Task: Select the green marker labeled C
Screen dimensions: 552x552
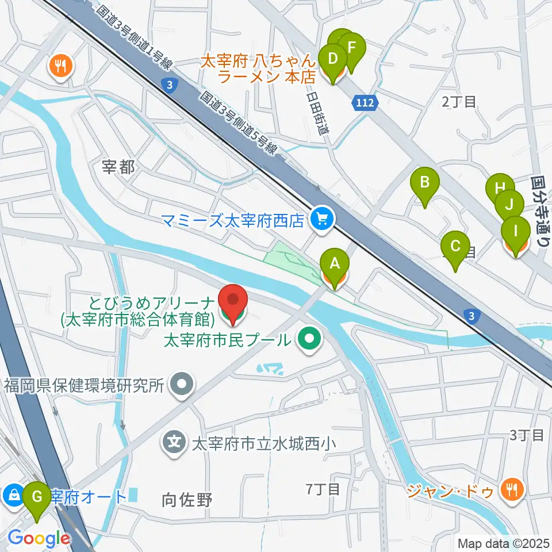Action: pyautogui.click(x=455, y=247)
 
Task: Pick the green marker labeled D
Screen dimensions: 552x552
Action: pyautogui.click(x=332, y=59)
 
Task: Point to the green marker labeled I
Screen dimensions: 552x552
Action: pyautogui.click(x=515, y=232)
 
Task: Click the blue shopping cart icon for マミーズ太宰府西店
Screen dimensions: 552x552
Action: pyautogui.click(x=321, y=218)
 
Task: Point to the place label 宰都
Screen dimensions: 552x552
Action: pyautogui.click(x=118, y=167)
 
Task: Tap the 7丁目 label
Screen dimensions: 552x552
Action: pyautogui.click(x=323, y=489)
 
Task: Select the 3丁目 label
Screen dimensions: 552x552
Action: pyautogui.click(x=526, y=435)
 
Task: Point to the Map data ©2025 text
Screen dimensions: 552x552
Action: pyautogui.click(x=503, y=543)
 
